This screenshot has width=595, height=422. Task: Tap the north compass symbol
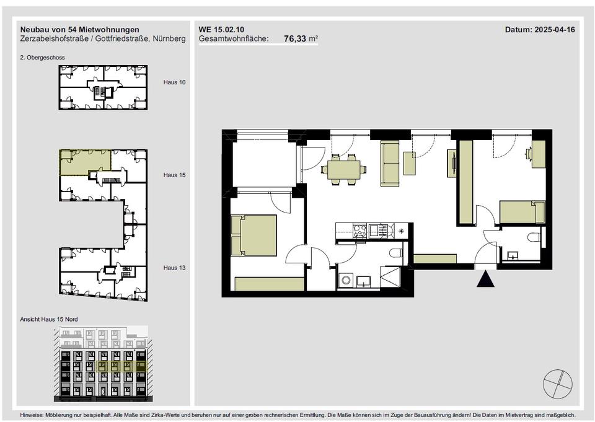click(x=557, y=384)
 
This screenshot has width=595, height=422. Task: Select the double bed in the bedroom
click(x=253, y=235)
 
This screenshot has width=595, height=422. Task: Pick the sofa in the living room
click(x=390, y=164)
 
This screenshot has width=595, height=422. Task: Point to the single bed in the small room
click(x=522, y=212)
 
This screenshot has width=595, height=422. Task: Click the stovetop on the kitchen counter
click(x=359, y=231)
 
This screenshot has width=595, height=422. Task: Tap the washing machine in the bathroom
click(x=346, y=281)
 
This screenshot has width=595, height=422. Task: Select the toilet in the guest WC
click(x=534, y=237)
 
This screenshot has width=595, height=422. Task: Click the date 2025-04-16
click(x=555, y=30)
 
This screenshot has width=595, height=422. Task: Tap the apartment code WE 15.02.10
click(x=221, y=30)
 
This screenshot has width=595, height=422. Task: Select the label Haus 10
click(x=175, y=82)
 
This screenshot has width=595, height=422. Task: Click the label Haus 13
click(x=175, y=268)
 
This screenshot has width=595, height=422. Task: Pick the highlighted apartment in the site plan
click(x=86, y=162)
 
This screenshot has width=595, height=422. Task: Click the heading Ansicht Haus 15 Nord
click(x=49, y=319)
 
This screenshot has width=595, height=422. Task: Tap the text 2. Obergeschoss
click(x=43, y=57)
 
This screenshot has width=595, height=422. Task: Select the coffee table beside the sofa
click(x=410, y=163)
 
